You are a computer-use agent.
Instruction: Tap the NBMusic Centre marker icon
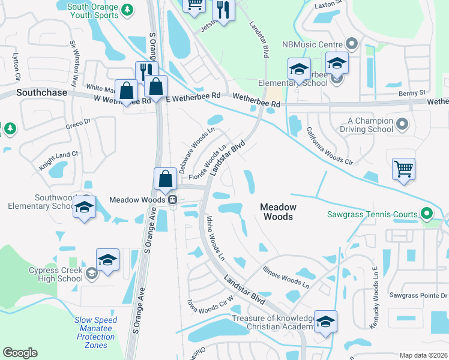[x=352, y=44]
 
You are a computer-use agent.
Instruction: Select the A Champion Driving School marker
[x=402, y=125]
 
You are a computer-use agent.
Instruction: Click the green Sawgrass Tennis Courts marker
[x=426, y=214]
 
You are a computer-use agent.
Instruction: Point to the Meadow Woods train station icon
[x=172, y=200]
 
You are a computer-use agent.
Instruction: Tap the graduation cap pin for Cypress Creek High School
[x=108, y=260]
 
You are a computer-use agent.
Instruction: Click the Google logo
[x=20, y=353]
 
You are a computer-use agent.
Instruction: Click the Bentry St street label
[x=412, y=93]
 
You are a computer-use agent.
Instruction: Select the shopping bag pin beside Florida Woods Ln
[x=164, y=178]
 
